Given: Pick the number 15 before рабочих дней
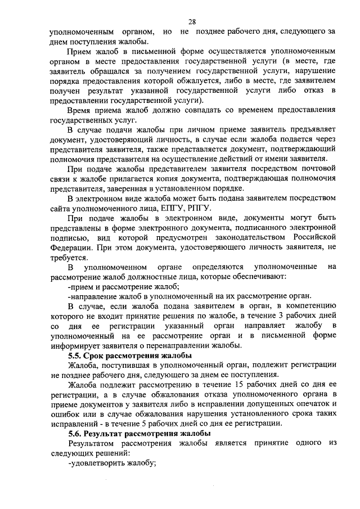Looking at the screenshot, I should [240, 384].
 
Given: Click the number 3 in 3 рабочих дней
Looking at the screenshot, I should [287, 316].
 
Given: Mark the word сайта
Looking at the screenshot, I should [59, 209].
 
